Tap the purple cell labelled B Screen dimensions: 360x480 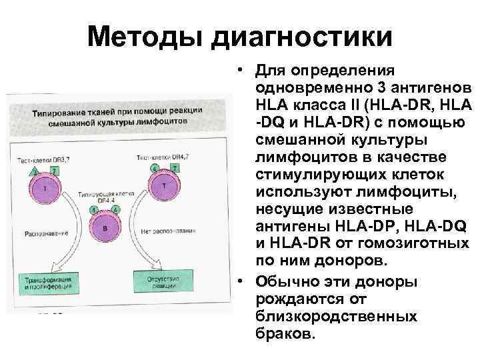click(x=105, y=228)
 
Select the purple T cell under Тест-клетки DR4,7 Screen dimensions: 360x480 click(x=164, y=187)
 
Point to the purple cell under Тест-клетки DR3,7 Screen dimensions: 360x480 click(x=45, y=189)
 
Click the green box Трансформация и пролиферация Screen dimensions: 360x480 click(x=45, y=280)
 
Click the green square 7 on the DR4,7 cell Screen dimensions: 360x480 click(x=175, y=167)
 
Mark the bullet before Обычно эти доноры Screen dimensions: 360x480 click(x=237, y=277)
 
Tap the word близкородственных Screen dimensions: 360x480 click(x=335, y=315)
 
